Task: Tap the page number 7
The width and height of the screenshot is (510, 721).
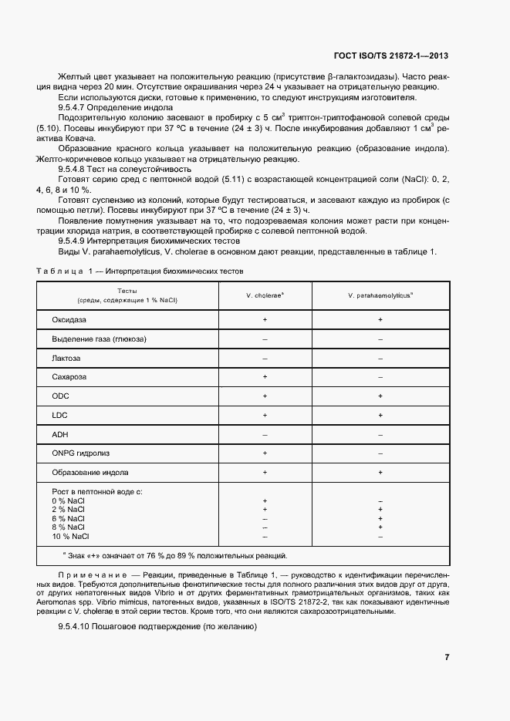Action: click(447, 657)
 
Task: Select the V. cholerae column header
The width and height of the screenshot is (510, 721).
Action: click(265, 295)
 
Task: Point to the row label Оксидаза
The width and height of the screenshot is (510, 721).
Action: click(69, 319)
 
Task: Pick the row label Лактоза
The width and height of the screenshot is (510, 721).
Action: click(66, 358)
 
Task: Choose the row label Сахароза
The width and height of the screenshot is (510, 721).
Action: click(69, 377)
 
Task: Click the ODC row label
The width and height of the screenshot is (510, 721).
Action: click(61, 396)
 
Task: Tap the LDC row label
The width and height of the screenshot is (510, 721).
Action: click(60, 416)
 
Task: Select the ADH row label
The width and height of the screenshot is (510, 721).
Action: click(60, 435)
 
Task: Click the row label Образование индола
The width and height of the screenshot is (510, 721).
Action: click(90, 473)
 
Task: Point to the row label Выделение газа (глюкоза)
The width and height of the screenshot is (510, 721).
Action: click(99, 339)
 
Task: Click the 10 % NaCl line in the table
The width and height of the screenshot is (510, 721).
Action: click(70, 536)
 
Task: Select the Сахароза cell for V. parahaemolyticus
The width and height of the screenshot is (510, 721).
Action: click(380, 377)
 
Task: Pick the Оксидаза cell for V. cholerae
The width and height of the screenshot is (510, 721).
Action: click(265, 319)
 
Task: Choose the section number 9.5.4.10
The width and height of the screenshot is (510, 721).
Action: click(78, 625)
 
